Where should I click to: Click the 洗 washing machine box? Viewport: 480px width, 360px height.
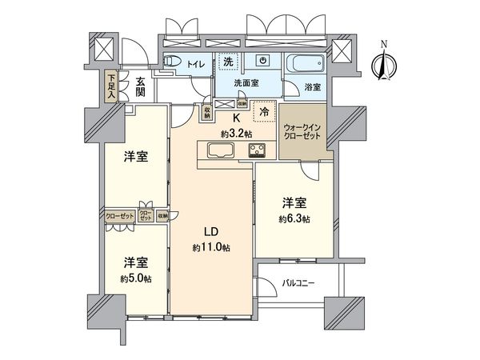[x=229, y=61]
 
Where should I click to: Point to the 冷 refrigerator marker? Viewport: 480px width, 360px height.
[x=261, y=112]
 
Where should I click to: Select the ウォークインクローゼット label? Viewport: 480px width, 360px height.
[x=303, y=132]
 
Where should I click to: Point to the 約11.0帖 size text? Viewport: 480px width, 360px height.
[x=206, y=249]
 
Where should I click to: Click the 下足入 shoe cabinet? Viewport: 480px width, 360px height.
[x=111, y=86]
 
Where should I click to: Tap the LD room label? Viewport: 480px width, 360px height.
[x=206, y=234]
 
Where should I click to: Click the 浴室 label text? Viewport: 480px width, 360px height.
[x=313, y=86]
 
